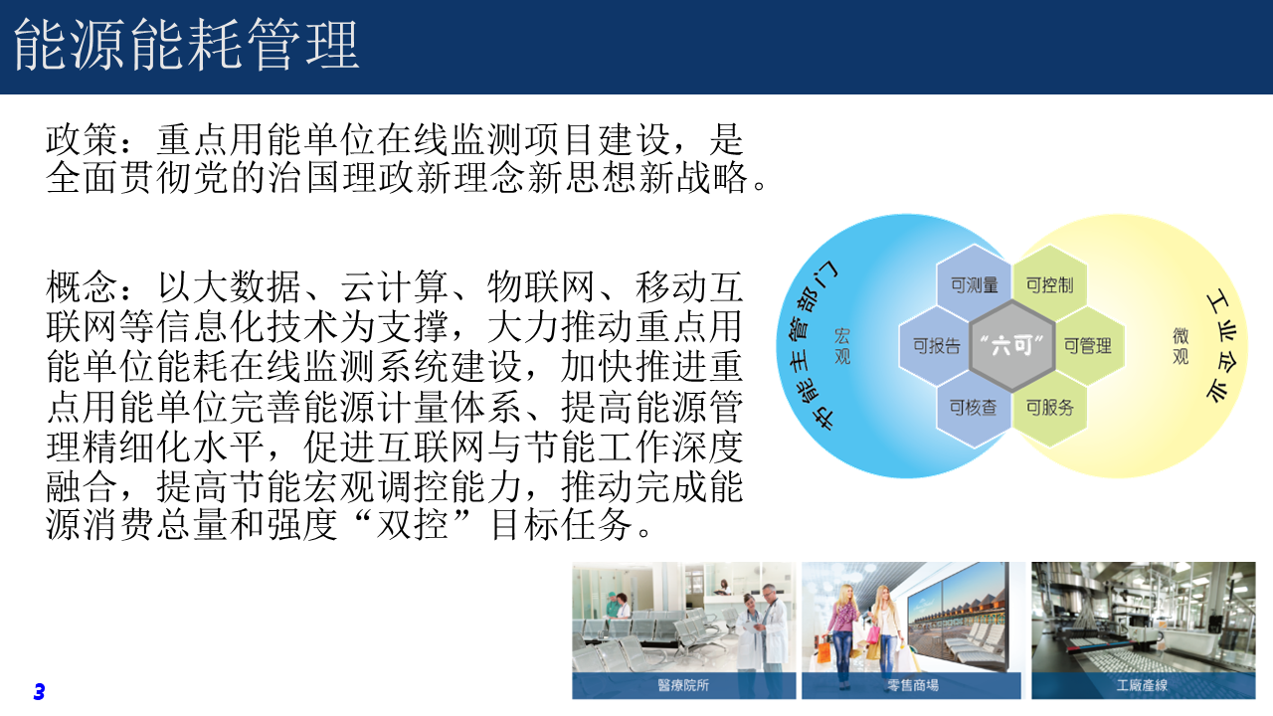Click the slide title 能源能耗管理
186,45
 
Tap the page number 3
39,691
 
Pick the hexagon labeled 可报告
936,345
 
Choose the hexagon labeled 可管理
1088,345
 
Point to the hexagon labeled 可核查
973,407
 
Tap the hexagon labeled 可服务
1049,407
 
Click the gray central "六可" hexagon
1012,345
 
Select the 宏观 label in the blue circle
842,346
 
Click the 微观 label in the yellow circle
1181,346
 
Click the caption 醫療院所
683,685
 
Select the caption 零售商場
913,685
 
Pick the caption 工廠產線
1143,685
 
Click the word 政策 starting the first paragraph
82,140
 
